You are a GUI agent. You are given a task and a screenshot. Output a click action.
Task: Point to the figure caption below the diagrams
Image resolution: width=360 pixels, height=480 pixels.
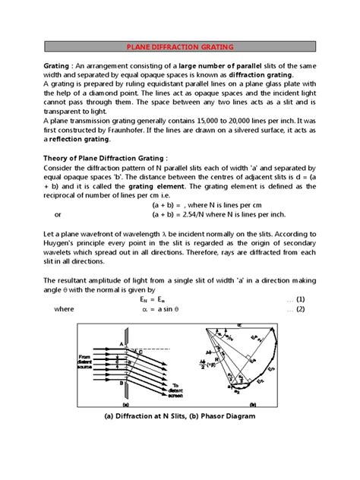(x=180, y=417)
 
